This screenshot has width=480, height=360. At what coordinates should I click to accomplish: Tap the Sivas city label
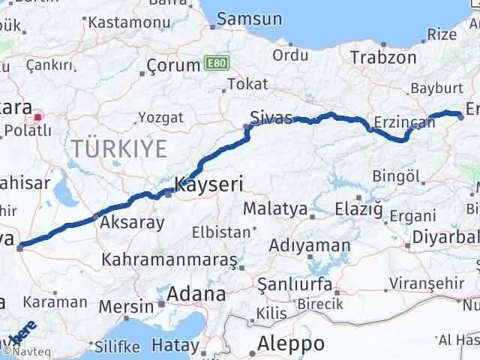click(x=270, y=116)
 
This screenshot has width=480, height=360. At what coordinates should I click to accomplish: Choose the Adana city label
click(x=196, y=293)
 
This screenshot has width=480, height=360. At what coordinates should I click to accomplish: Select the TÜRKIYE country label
click(x=119, y=148)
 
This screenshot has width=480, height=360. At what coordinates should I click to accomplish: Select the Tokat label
click(x=247, y=84)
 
